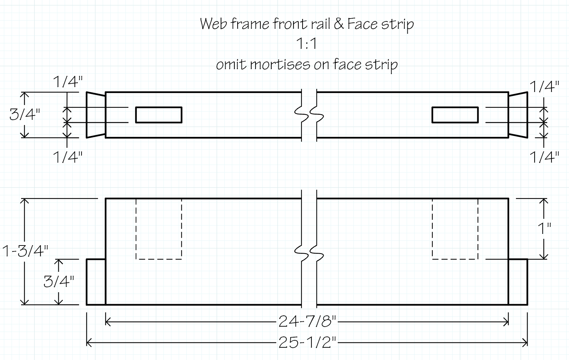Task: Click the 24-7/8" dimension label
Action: point(307,321)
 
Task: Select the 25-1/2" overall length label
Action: point(307,342)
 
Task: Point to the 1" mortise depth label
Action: point(544,228)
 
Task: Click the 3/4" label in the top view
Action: point(25,114)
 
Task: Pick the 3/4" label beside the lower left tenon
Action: point(59,282)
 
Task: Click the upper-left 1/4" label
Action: point(68,82)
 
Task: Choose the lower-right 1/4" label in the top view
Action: point(544,157)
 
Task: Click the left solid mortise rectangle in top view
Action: point(159,115)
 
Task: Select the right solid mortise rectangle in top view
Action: point(455,115)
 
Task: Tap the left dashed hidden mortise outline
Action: point(159,229)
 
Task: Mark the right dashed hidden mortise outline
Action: point(455,229)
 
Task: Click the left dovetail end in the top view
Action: point(96,115)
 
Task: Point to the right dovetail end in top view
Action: point(518,115)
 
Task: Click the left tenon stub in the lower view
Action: point(96,282)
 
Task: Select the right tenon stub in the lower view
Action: point(518,282)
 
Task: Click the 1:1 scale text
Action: point(307,44)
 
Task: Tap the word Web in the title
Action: point(214,24)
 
